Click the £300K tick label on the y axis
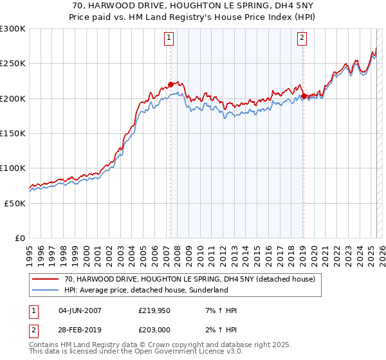13,29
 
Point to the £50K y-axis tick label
15,203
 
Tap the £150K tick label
13,134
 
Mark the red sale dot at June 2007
170,84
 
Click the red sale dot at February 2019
304,96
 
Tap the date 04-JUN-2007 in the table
80,310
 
